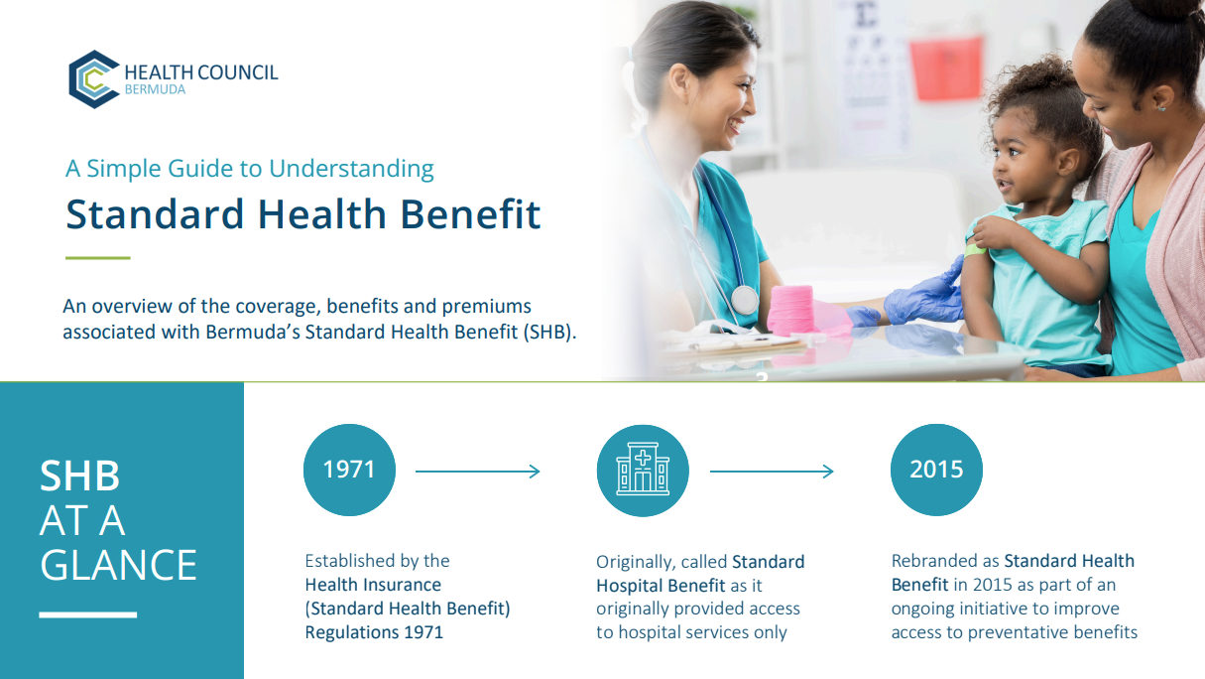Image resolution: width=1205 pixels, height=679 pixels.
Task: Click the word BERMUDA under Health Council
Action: [x=155, y=89]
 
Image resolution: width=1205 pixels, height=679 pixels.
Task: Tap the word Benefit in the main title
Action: [x=470, y=214]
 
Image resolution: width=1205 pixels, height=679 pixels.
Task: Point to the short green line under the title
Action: [x=98, y=258]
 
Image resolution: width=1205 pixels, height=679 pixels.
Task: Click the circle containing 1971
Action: [x=350, y=471]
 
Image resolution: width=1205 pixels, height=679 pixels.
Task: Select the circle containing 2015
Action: [x=936, y=471]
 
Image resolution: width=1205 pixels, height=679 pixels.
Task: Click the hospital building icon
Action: [x=643, y=469]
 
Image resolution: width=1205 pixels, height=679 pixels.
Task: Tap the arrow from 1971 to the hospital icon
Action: [x=477, y=472]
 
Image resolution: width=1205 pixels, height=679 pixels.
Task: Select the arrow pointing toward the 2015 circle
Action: [x=772, y=472]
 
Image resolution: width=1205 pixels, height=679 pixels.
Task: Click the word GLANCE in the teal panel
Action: [x=118, y=566]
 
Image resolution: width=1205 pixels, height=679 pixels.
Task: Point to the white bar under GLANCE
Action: [x=88, y=614]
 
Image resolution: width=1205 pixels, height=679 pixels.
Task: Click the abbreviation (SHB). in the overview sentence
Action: [x=549, y=332]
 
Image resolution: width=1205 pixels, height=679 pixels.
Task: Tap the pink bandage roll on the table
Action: [x=791, y=310]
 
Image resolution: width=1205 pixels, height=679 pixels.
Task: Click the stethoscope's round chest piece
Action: [x=745, y=300]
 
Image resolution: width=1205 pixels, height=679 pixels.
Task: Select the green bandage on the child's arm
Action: [x=975, y=250]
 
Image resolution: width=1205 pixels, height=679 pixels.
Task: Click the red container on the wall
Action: [x=946, y=68]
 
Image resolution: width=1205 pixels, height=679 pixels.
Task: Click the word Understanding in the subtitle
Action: [x=351, y=169]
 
